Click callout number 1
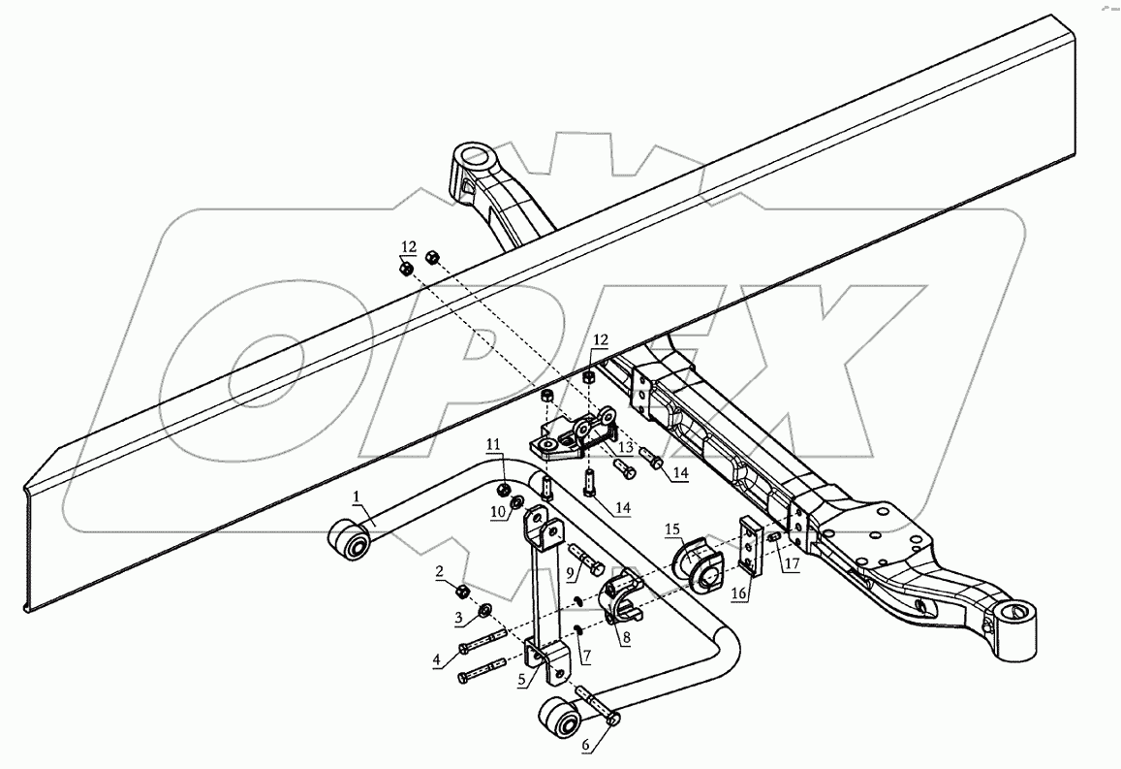356,497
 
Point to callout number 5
438,660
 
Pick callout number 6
523,681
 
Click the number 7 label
585,746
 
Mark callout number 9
626,638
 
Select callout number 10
572,573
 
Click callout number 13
493,444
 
